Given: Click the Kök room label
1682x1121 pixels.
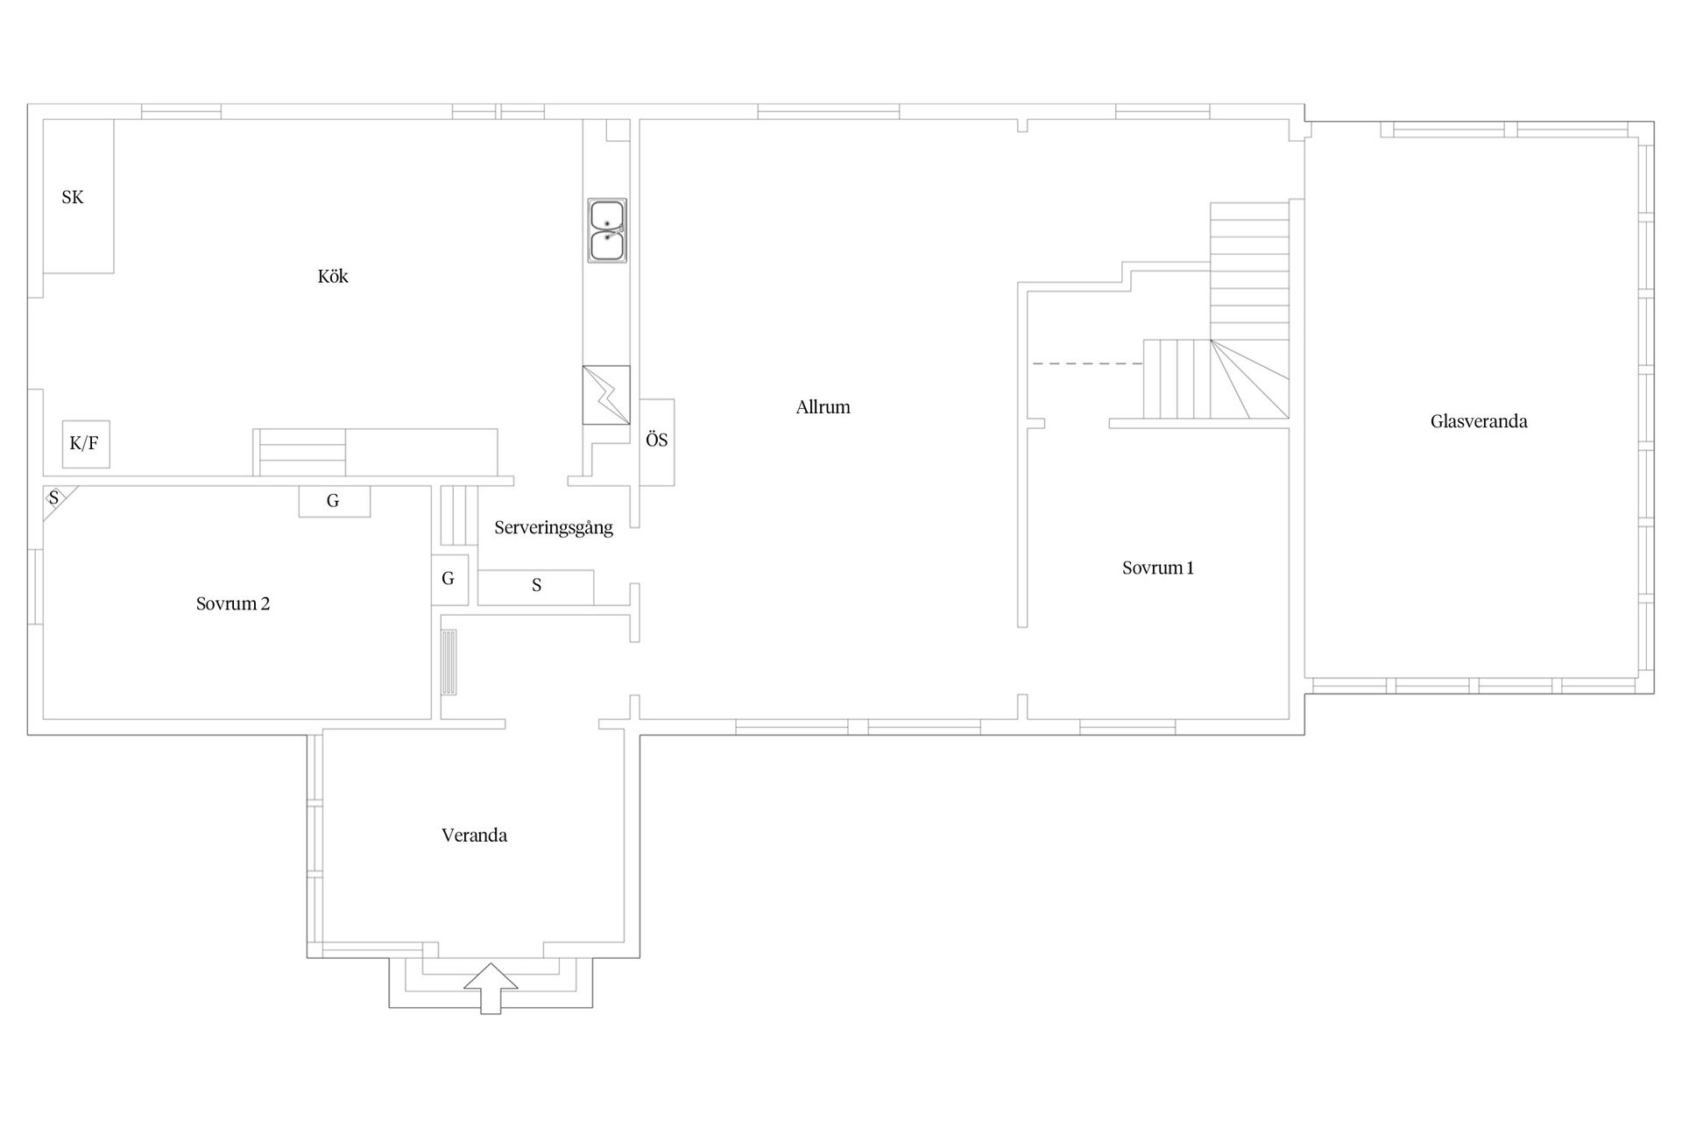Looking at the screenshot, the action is (x=333, y=277).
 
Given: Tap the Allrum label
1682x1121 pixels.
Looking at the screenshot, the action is (x=823, y=407).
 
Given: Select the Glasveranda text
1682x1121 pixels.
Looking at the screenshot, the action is (x=1479, y=421).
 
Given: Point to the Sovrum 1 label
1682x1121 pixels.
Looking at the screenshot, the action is (x=1158, y=568).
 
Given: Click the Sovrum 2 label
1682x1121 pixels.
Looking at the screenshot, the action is (x=233, y=603).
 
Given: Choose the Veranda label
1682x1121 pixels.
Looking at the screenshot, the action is (x=474, y=835).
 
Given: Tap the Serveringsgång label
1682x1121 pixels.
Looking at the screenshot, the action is (x=554, y=528).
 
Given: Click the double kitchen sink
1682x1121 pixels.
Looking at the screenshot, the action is (x=607, y=230).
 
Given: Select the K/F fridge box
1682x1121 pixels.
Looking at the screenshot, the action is (x=86, y=444).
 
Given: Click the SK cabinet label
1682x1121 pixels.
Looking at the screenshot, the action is (x=73, y=198).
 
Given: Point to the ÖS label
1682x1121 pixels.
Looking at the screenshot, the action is (x=657, y=441).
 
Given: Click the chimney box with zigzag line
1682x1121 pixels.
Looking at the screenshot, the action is (x=606, y=395).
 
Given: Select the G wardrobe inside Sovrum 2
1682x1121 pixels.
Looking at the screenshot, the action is (x=334, y=501).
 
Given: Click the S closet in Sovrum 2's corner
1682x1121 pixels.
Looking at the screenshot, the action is (x=58, y=501).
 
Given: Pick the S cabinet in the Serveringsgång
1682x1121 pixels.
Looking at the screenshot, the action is (x=536, y=587).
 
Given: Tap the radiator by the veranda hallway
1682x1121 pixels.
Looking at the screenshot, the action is (x=449, y=662).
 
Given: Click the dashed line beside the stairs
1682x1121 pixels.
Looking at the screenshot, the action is (x=1088, y=363).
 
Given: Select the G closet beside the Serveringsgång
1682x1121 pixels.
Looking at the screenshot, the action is (x=449, y=579).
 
